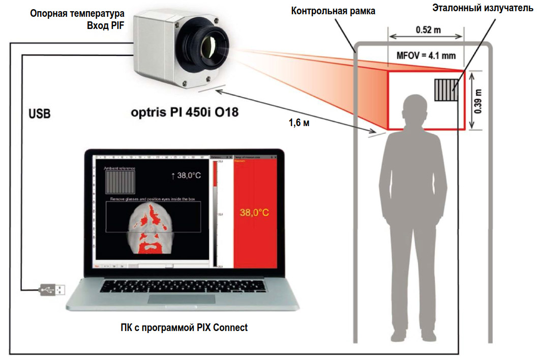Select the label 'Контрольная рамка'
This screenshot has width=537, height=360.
pos(333,11)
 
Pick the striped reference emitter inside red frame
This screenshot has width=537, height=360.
pos(445,90)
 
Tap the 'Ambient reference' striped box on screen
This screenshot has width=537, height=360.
pos(120,181)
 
